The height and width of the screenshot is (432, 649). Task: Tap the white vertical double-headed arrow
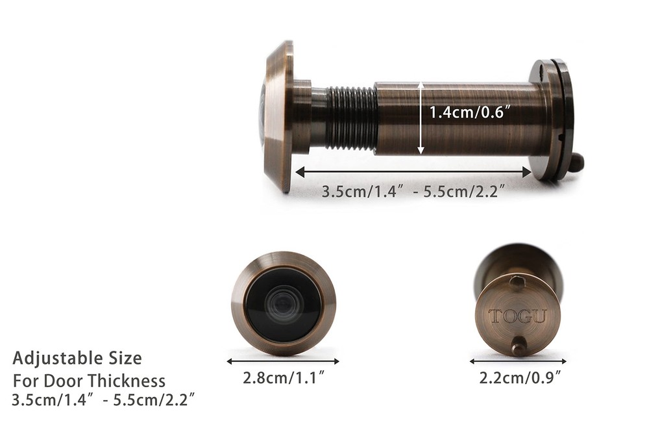point(421,118)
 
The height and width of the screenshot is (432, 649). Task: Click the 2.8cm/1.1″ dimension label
point(283,377)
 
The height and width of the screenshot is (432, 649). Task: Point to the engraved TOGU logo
point(517,316)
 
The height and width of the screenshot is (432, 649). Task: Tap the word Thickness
point(127,381)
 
